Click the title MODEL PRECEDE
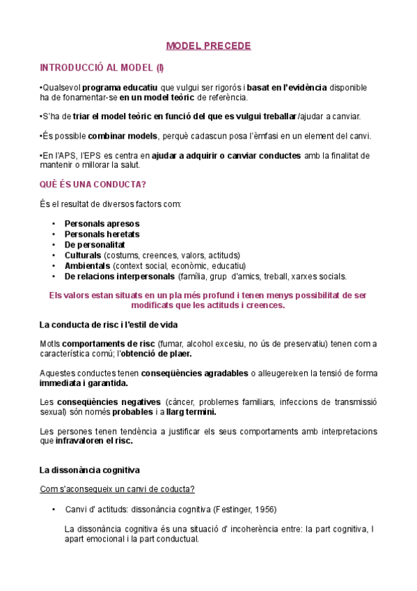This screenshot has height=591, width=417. click(208, 46)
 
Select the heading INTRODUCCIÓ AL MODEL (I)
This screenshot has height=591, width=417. click(102, 68)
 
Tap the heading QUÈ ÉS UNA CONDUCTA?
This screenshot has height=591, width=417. click(93, 185)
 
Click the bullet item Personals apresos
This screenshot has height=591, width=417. click(102, 224)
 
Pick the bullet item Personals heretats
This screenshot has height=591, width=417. click(102, 234)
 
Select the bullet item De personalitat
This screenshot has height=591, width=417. click(95, 245)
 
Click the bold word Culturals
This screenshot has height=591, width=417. click(83, 255)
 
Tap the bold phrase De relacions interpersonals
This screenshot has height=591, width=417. click(120, 276)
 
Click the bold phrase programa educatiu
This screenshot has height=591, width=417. click(120, 87)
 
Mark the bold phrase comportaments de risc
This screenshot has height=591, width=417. click(108, 344)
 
